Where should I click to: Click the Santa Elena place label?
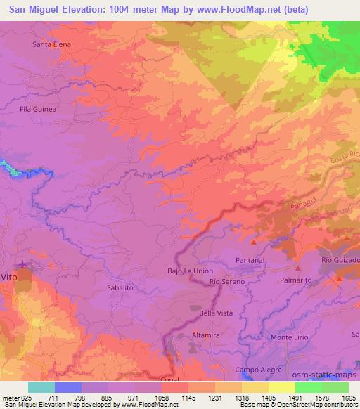52,44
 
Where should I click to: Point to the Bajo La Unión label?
190,271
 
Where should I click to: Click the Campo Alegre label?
258,370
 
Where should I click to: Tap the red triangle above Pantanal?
254,242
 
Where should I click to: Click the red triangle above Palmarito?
298,268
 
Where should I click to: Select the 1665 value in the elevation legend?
349,398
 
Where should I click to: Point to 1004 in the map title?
121,8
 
